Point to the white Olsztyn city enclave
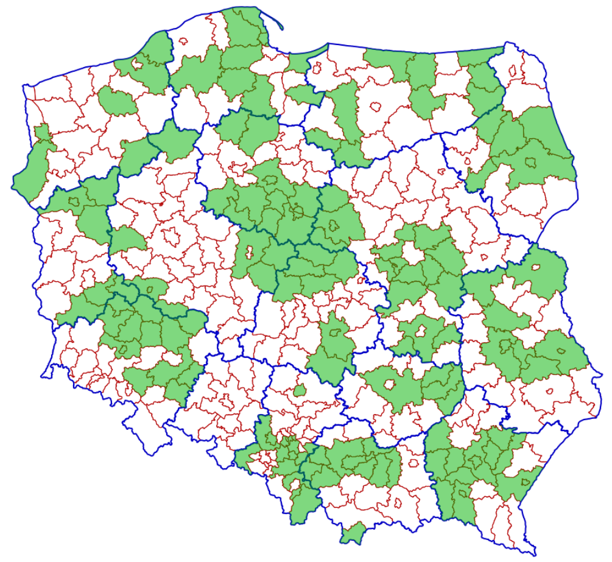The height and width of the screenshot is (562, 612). point(376,106)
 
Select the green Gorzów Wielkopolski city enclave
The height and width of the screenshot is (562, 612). point(75,201)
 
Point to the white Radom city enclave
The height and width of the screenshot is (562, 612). point(420,331)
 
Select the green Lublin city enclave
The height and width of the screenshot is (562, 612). point(504,346)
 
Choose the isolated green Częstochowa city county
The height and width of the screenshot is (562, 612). point(299,390)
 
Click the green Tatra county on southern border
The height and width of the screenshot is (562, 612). point(352,535)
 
